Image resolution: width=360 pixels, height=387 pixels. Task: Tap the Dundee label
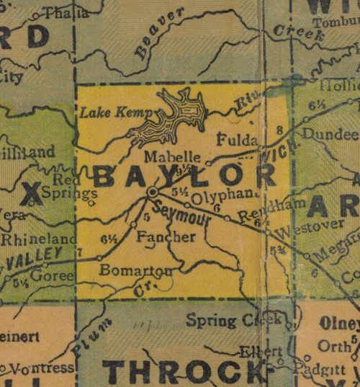click(330, 135)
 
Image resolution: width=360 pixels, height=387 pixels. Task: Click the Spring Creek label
click(223, 319)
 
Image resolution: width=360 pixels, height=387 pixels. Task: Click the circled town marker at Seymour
click(153, 192)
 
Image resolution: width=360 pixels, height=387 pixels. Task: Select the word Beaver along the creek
click(157, 32)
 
